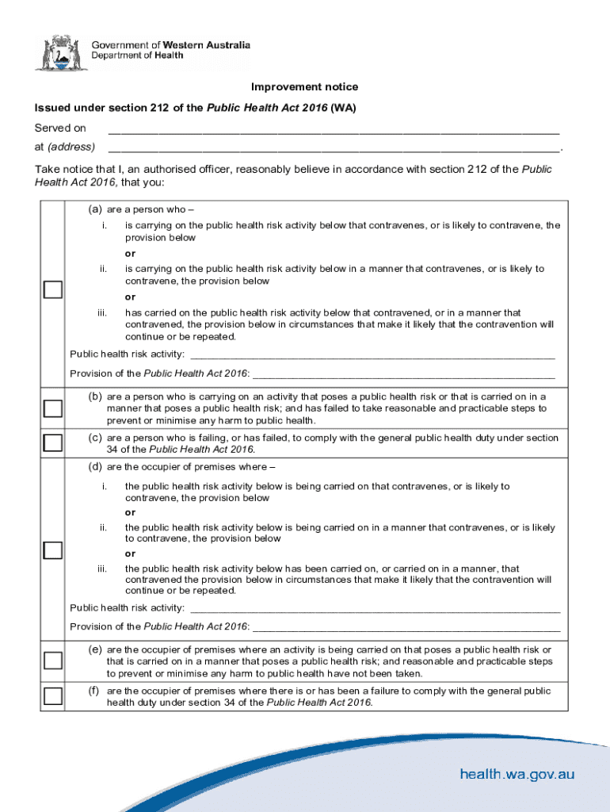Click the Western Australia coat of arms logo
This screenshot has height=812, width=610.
tap(57, 52)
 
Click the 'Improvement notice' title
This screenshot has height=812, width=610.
tap(304, 86)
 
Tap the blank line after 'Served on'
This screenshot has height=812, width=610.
tap(333, 129)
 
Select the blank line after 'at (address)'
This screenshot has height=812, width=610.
tap(333, 147)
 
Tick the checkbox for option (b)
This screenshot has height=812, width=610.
tap(52, 408)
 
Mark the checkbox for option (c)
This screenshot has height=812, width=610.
tap(52, 442)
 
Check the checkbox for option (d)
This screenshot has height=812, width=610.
tap(52, 550)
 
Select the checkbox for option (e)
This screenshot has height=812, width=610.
tap(52, 661)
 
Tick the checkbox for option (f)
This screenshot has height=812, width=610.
tap(52, 697)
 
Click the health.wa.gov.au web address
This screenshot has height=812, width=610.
tap(517, 775)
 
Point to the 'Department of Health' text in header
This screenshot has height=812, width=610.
tap(138, 56)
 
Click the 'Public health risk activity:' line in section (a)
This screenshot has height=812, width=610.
tap(372, 354)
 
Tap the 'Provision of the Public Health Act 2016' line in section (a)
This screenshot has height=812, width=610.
tap(403, 373)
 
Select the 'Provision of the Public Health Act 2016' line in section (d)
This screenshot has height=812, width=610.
tap(406, 627)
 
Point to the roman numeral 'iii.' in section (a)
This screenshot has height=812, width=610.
tap(102, 313)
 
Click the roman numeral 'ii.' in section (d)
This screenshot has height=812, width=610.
tap(103, 527)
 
